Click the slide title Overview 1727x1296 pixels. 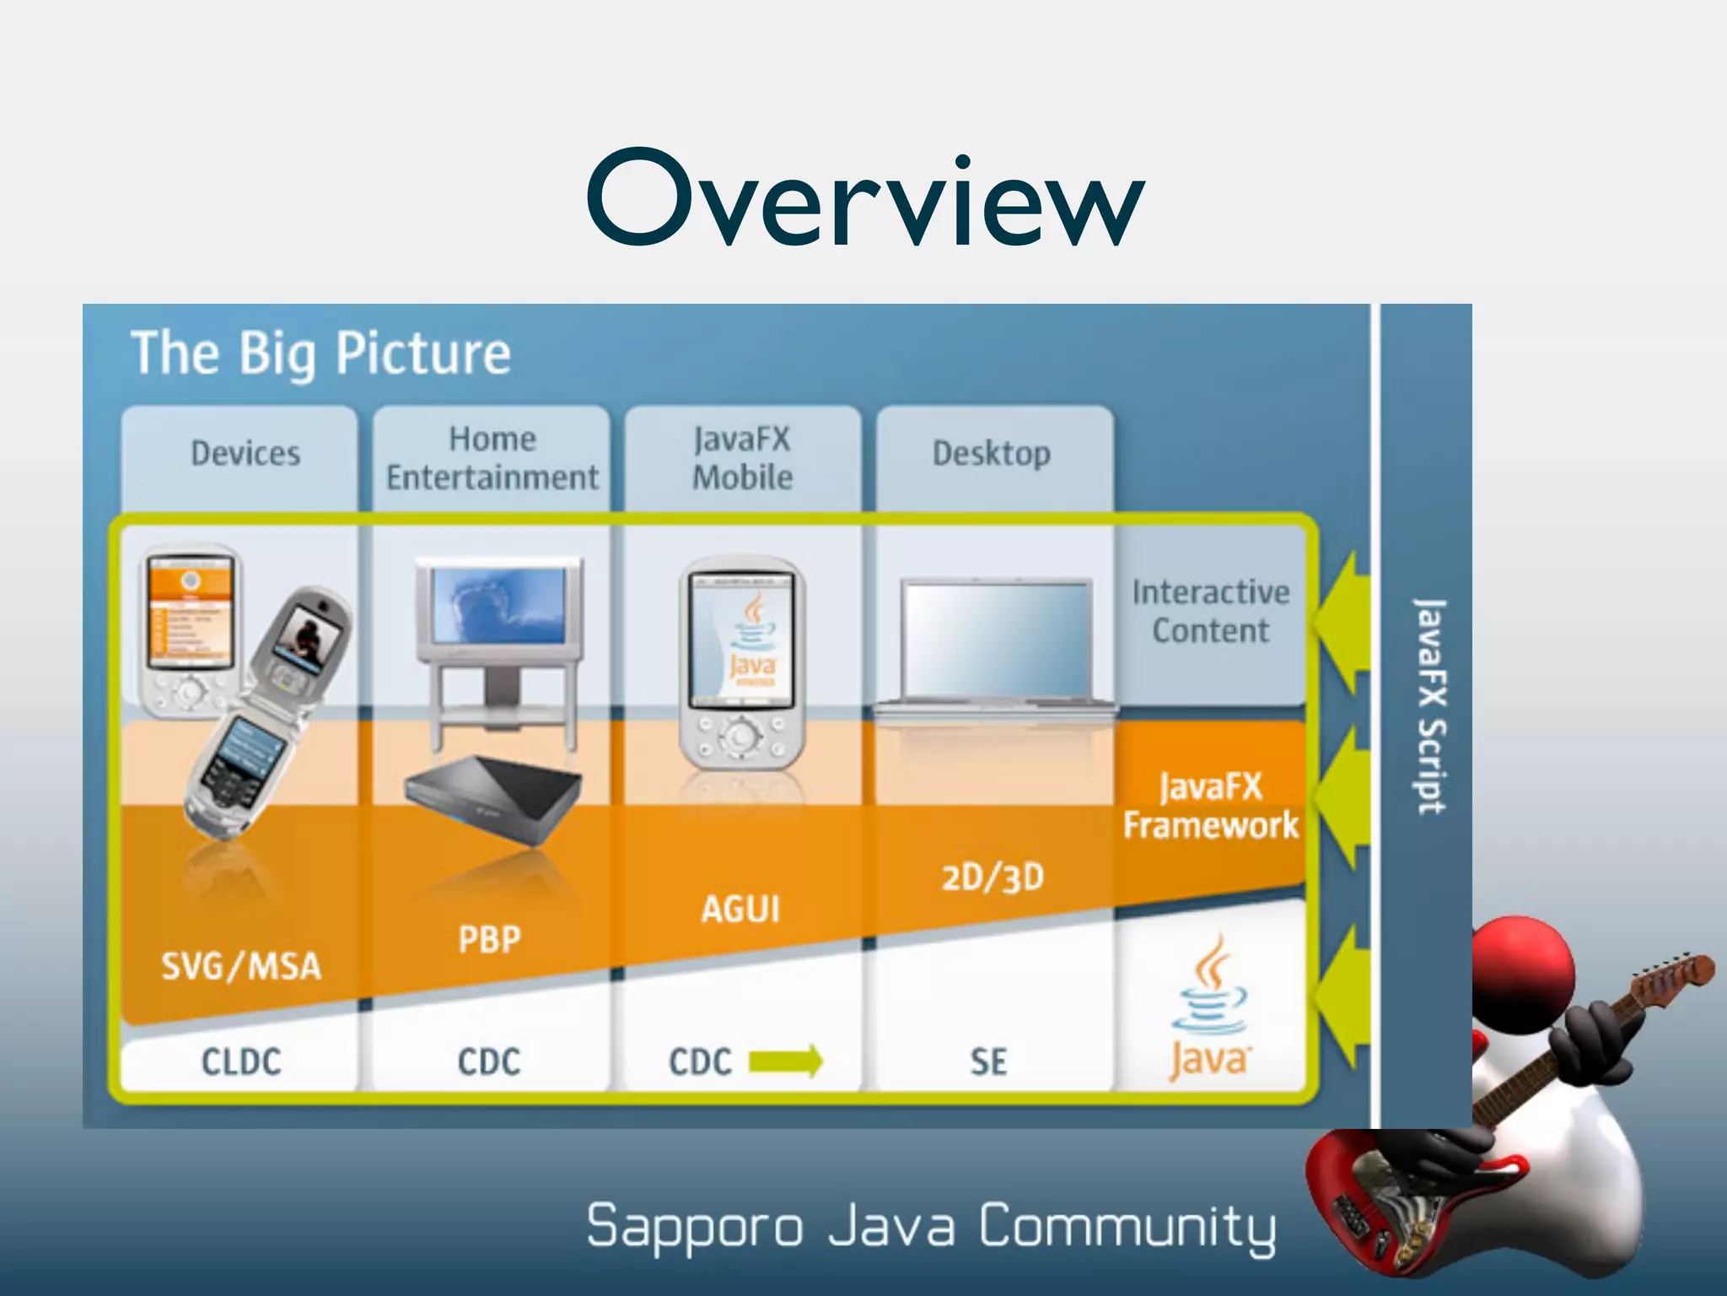pyautogui.click(x=865, y=199)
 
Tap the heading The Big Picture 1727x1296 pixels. pyautogui.click(x=320, y=353)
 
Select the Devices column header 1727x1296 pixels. pyautogui.click(x=245, y=454)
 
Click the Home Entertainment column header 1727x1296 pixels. pyautogui.click(x=492, y=458)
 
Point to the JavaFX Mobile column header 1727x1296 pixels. pyautogui.click(x=742, y=458)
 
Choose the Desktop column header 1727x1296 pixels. pyautogui.click(x=992, y=454)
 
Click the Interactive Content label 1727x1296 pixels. pyautogui.click(x=1210, y=612)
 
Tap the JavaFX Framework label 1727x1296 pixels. pyautogui.click(x=1210, y=806)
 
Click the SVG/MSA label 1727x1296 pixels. pyautogui.click(x=241, y=966)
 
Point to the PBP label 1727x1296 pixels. pyautogui.click(x=489, y=939)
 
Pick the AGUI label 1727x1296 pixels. pyautogui.click(x=740, y=910)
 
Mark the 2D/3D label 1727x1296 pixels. pyautogui.click(x=993, y=878)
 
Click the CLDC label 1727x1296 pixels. pyautogui.click(x=241, y=1061)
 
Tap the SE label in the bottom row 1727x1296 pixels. pyautogui.click(x=988, y=1061)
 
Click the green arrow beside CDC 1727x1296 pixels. pyautogui.click(x=785, y=1061)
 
